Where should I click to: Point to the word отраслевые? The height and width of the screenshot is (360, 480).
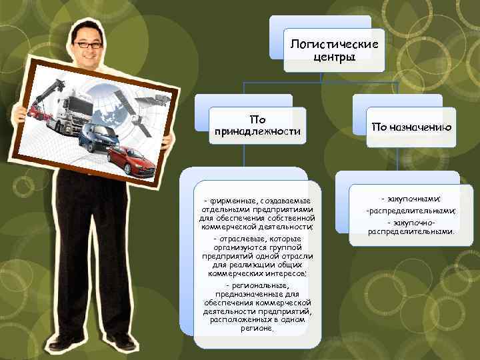pyautogui.click(x=241, y=239)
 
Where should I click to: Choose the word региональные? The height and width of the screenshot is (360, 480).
pyautogui.click(x=259, y=286)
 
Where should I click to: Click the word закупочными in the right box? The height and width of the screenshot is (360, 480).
pyautogui.click(x=414, y=199)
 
